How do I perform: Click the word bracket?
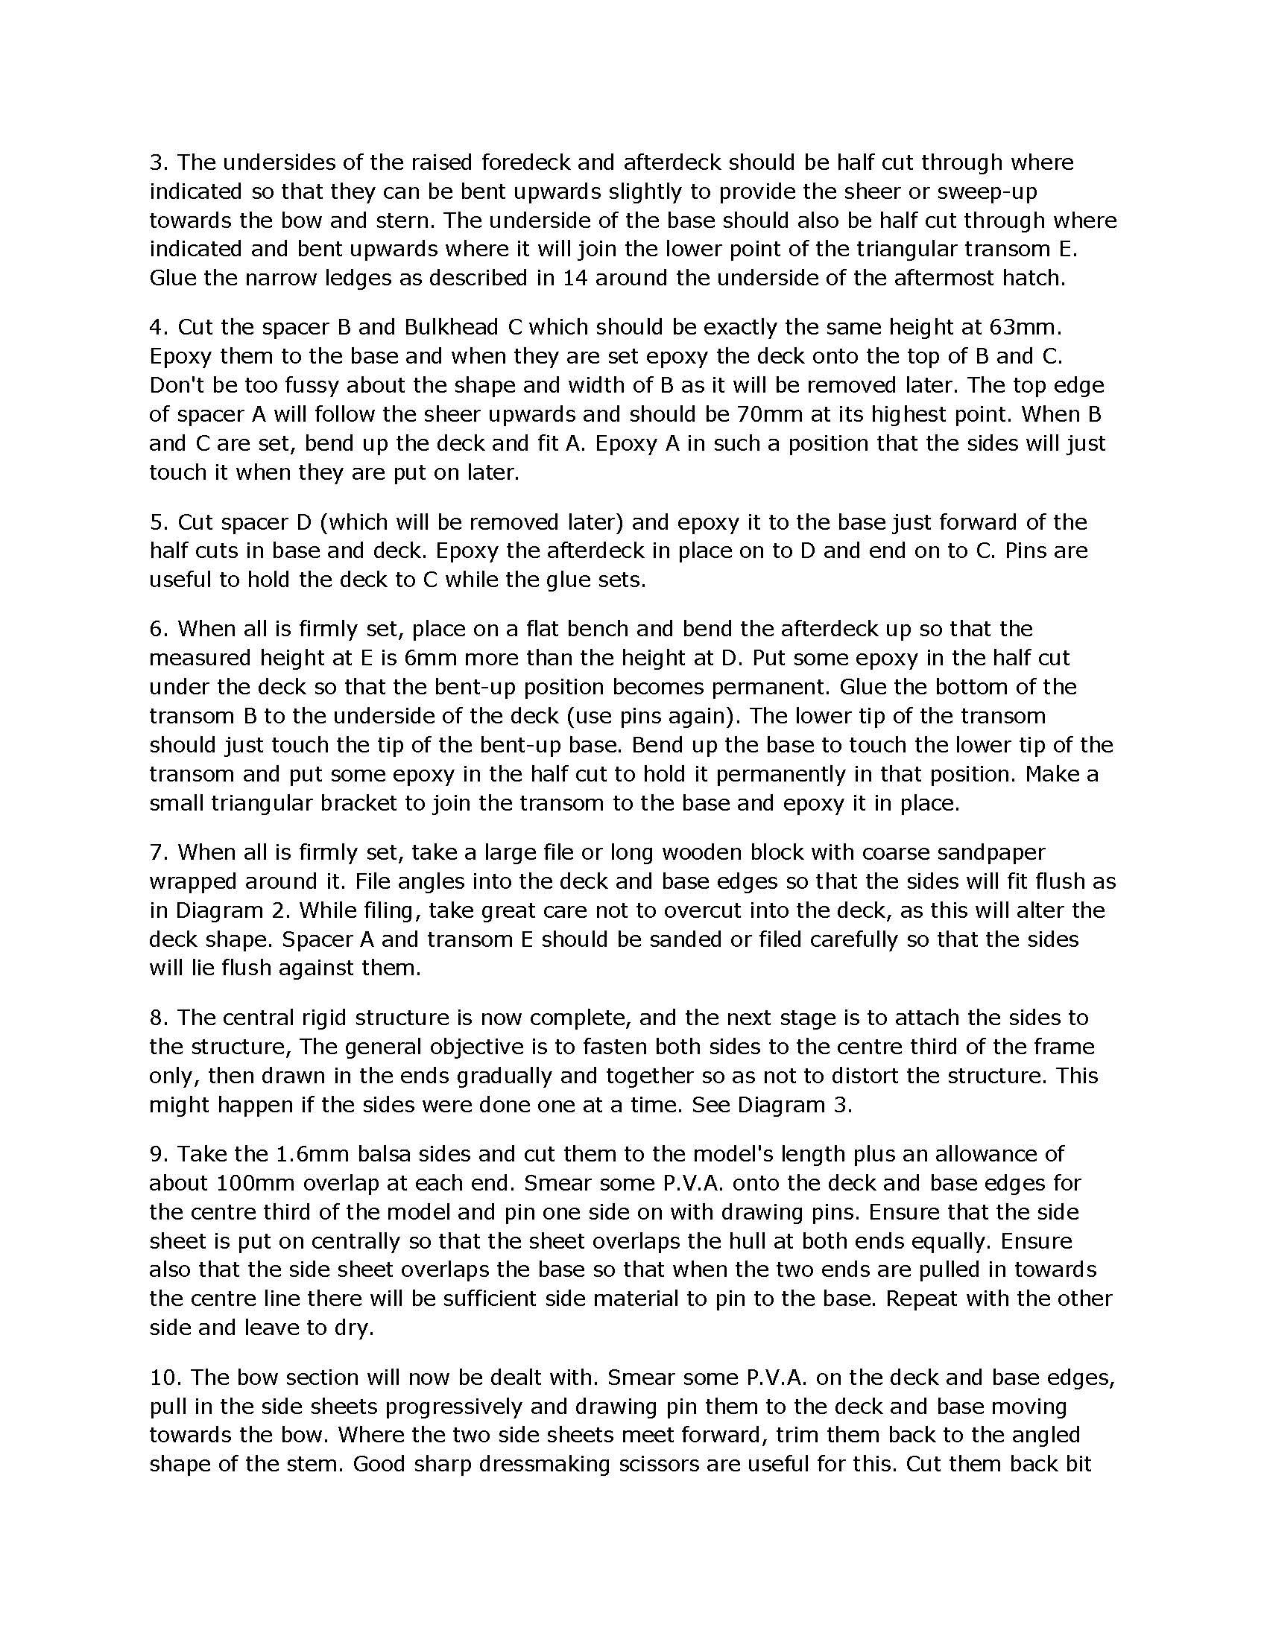coord(358,803)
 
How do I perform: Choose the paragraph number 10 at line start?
coord(162,1378)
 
